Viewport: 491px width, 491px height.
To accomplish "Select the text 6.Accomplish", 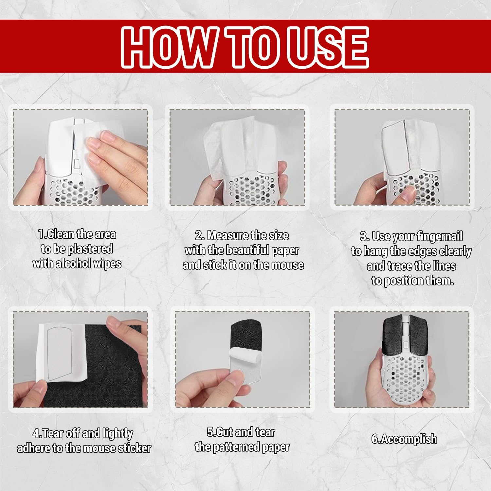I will point(404,439).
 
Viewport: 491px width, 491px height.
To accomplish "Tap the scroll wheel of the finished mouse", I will point(405,327).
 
